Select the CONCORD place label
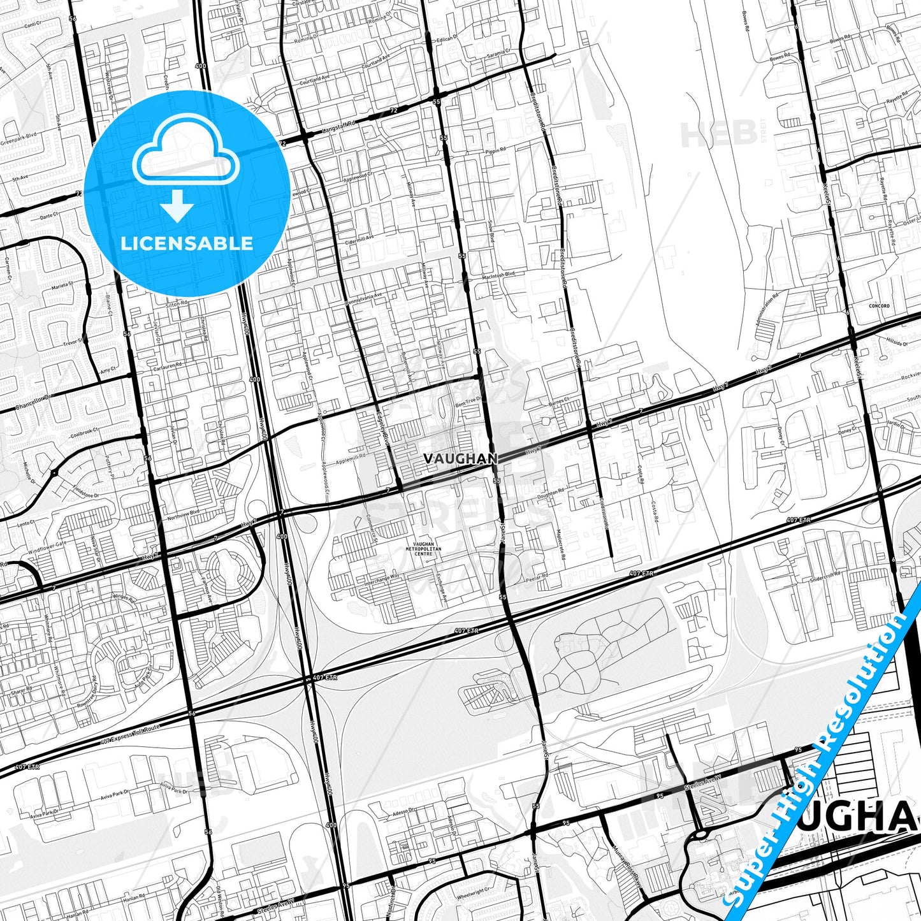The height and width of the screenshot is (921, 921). pos(879,306)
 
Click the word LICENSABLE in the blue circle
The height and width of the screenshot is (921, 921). pos(187,243)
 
